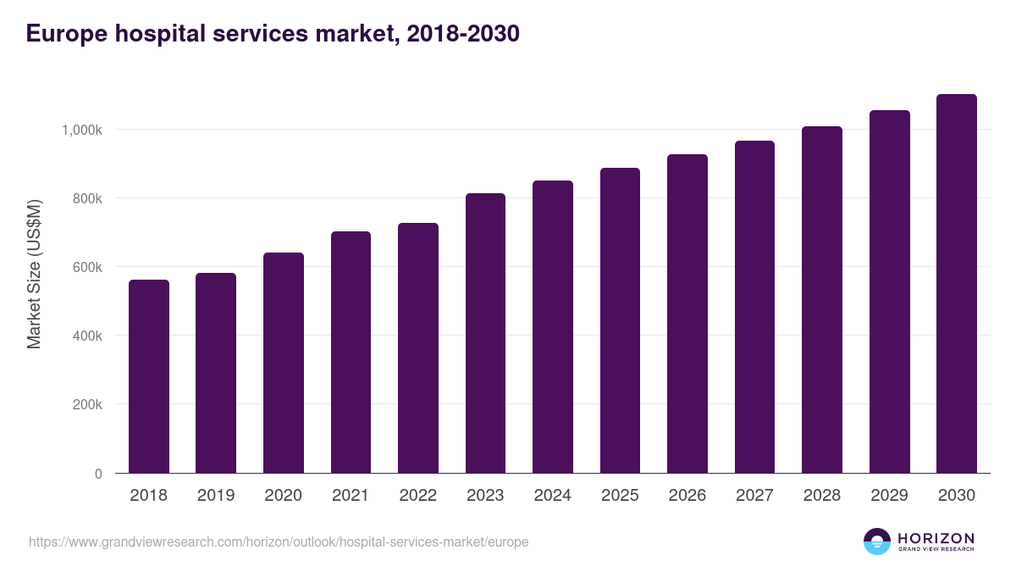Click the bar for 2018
click(x=149, y=376)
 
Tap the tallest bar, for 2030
click(x=957, y=284)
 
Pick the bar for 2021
click(x=351, y=353)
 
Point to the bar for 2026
click(x=687, y=314)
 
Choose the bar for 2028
click(x=822, y=300)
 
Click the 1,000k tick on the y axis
click(x=81, y=131)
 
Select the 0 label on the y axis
click(x=98, y=474)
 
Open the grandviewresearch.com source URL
click(x=279, y=541)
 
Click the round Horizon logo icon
click(x=877, y=541)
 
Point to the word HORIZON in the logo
click(x=936, y=538)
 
